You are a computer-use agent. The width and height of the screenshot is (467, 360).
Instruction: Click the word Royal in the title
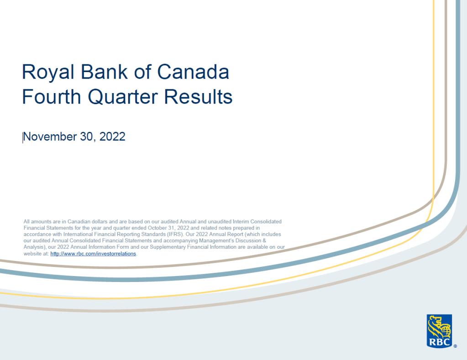pos(48,73)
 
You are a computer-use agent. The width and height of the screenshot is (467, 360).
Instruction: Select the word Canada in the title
pos(193,72)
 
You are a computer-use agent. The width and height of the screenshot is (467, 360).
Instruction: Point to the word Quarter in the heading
pos(123,97)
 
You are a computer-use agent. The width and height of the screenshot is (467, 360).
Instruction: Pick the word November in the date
pos(50,137)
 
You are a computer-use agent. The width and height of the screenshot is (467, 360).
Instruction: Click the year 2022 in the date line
pos(112,137)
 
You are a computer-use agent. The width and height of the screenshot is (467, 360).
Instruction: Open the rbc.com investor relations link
pos(93,254)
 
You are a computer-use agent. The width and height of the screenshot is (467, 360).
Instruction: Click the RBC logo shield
pos(439,331)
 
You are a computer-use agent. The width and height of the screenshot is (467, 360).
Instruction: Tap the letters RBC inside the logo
pos(439,342)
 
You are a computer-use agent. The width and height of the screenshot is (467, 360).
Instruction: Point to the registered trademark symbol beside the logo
pos(455,346)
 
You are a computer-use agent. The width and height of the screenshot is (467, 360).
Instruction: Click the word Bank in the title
pos(104,72)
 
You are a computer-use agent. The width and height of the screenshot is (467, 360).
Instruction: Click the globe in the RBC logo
pos(446,329)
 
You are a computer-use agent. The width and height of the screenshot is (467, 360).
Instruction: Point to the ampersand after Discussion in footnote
pos(264,240)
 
